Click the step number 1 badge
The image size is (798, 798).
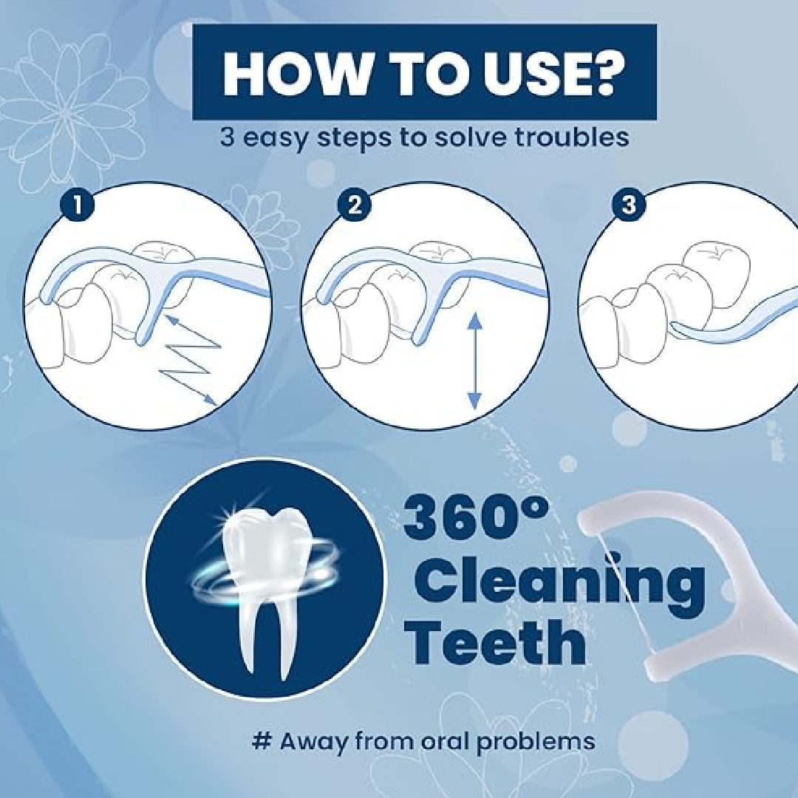[77, 205]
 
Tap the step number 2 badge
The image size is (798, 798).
[354, 205]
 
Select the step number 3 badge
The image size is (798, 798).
[629, 205]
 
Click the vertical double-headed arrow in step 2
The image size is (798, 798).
[474, 361]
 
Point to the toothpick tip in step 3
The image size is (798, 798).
[674, 327]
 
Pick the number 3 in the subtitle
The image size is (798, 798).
[228, 137]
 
